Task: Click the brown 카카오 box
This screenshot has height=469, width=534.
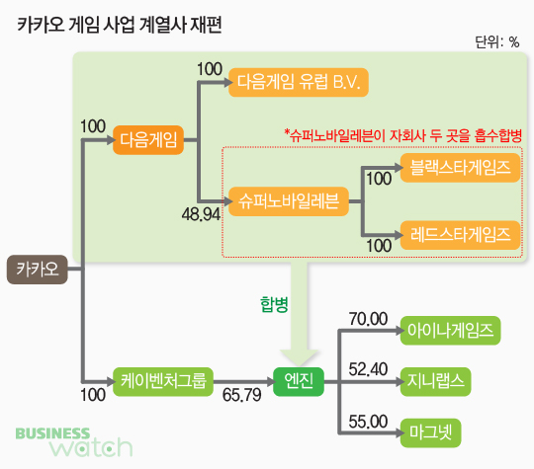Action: point(38,270)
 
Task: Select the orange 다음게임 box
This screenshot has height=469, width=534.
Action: point(148,140)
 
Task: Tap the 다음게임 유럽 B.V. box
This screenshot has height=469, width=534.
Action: point(299,82)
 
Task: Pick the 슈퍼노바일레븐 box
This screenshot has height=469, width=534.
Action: point(289,201)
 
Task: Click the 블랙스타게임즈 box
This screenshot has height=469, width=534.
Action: point(460,168)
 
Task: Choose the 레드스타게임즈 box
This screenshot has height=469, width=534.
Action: point(460,235)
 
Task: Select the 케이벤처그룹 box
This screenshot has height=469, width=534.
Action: point(163,381)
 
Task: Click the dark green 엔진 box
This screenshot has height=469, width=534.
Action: point(299,381)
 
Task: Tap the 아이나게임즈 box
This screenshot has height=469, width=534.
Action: point(450,331)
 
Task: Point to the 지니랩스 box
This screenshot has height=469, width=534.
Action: point(435,381)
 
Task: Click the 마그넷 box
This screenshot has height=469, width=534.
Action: point(430,432)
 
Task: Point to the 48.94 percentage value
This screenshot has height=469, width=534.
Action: point(201,214)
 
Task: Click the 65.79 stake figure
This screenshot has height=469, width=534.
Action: point(242,395)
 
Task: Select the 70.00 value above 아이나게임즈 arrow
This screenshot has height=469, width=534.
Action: point(368,319)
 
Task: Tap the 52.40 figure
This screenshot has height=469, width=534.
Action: point(368,369)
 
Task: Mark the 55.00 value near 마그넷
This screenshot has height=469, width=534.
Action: point(368,422)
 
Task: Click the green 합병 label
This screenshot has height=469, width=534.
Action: point(274,304)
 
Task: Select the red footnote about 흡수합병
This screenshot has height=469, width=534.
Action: point(403,135)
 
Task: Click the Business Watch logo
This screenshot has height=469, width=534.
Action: point(74,442)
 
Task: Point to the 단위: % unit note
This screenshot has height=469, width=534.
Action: point(496,42)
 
